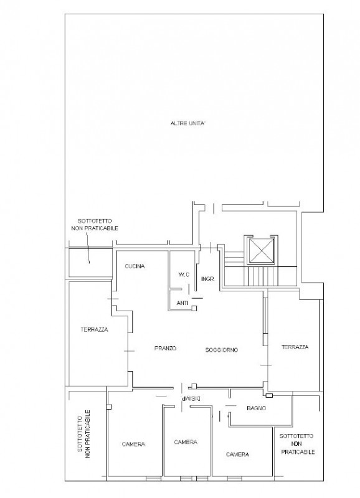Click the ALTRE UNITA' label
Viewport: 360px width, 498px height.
187,123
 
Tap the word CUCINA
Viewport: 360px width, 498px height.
135,266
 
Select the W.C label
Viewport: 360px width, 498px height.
182,275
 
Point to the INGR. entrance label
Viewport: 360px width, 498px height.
208,280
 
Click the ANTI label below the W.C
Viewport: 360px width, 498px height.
183,303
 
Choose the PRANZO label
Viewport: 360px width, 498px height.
166,349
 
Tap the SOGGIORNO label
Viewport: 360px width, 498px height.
222,349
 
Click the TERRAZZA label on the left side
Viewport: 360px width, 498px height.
94,329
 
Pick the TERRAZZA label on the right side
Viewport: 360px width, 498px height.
294,347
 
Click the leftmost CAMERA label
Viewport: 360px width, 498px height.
134,444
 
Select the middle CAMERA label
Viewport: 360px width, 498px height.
186,442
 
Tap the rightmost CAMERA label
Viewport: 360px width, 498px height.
238,454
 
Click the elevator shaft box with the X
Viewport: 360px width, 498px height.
260,252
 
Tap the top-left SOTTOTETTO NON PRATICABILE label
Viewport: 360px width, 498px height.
95,225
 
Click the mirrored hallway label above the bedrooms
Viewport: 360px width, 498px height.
190,398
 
